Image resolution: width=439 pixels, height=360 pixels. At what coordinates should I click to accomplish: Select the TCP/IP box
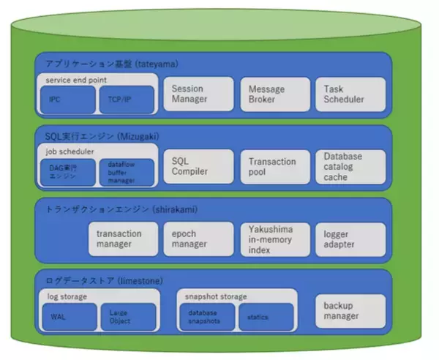[127, 100]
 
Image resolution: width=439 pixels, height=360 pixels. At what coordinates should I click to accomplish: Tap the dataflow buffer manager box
[127, 172]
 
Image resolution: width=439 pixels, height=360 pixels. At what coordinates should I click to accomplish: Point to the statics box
[266, 316]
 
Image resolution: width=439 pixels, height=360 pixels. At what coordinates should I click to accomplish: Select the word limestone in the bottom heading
[139, 281]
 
